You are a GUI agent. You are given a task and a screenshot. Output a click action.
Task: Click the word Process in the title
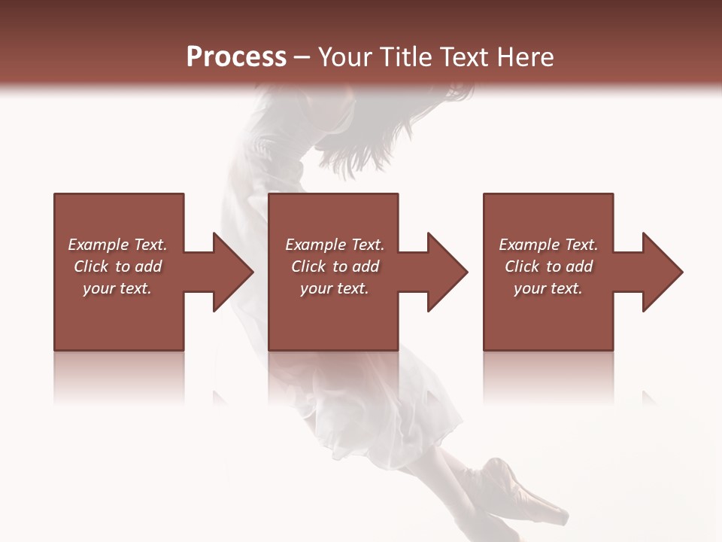pyautogui.click(x=236, y=57)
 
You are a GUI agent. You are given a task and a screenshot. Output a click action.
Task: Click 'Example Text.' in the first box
pyautogui.click(x=117, y=245)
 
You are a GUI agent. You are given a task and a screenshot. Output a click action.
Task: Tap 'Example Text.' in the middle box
pyautogui.click(x=334, y=245)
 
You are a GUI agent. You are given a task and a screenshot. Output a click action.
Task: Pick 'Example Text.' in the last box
pyautogui.click(x=548, y=245)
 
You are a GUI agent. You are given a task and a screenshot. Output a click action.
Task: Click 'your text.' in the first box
pyautogui.click(x=117, y=288)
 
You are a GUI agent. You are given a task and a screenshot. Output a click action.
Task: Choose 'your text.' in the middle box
pyautogui.click(x=334, y=288)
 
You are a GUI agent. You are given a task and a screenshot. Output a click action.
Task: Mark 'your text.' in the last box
pyautogui.click(x=548, y=288)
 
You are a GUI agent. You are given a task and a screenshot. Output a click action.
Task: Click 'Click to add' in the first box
pyautogui.click(x=117, y=266)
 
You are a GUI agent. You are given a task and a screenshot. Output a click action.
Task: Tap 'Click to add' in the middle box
pyautogui.click(x=334, y=266)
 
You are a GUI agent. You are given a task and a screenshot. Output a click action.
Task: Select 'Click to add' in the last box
pyautogui.click(x=548, y=266)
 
